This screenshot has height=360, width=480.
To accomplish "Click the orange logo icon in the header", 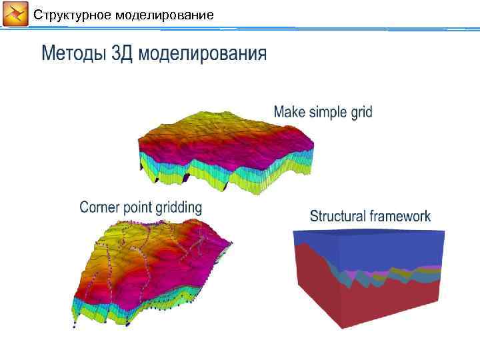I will (15, 15).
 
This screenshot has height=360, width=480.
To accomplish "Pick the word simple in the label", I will (327, 112).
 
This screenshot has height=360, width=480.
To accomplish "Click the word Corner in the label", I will (99, 207).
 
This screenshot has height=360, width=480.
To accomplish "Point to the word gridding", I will (179, 207).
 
